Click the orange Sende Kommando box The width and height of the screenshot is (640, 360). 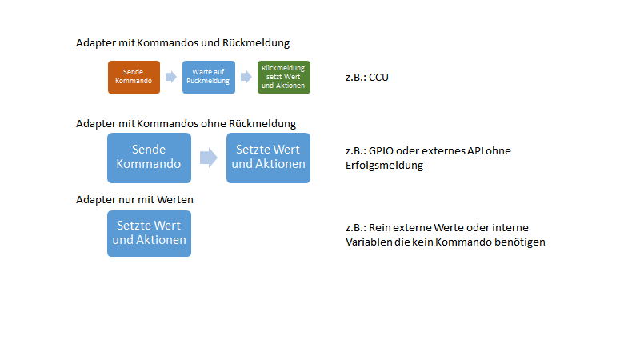tap(134, 77)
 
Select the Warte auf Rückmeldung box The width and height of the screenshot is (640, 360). tap(208, 77)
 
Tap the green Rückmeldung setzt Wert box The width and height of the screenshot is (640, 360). tap(283, 77)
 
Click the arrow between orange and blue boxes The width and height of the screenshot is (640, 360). tap(170, 77)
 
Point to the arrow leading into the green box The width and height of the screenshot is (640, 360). tap(246, 77)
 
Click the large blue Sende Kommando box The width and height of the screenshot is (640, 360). tap(149, 158)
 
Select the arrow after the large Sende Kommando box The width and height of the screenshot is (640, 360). tap(209, 158)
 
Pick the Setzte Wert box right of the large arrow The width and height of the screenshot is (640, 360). tap(268, 158)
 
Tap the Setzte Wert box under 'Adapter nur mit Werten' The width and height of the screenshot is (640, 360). tap(149, 233)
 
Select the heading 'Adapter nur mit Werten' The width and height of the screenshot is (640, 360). tap(134, 198)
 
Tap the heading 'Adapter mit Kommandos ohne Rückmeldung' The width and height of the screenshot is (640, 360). tap(186, 123)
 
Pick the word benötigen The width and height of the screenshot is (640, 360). tap(519, 242)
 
